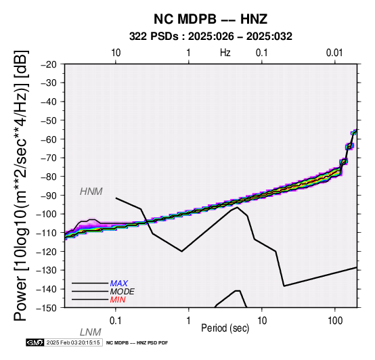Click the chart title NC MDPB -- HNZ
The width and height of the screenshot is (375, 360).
[211, 19]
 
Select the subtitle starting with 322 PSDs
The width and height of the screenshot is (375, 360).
[211, 37]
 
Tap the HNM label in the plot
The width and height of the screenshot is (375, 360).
[91, 192]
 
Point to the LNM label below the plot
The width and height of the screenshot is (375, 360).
[91, 332]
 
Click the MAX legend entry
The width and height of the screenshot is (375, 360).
[119, 284]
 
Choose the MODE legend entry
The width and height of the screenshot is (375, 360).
[123, 292]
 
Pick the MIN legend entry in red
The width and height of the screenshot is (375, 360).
[118, 300]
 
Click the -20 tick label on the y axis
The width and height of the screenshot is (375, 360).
[49, 64]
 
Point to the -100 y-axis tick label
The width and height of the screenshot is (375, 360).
[46, 214]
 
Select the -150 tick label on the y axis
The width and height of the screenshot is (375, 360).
[46, 308]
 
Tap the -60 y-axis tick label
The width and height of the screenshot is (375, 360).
[49, 139]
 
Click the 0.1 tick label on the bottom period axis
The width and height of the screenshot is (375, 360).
[116, 321]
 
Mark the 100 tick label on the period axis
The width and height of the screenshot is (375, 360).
[335, 321]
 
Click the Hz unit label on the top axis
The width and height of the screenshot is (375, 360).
[225, 53]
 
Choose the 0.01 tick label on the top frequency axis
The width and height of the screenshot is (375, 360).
[334, 53]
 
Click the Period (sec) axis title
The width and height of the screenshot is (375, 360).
[225, 328]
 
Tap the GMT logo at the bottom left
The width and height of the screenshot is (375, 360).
[35, 342]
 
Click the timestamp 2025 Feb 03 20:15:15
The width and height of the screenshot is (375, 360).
[73, 342]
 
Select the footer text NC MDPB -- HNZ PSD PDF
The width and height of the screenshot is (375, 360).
[137, 343]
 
